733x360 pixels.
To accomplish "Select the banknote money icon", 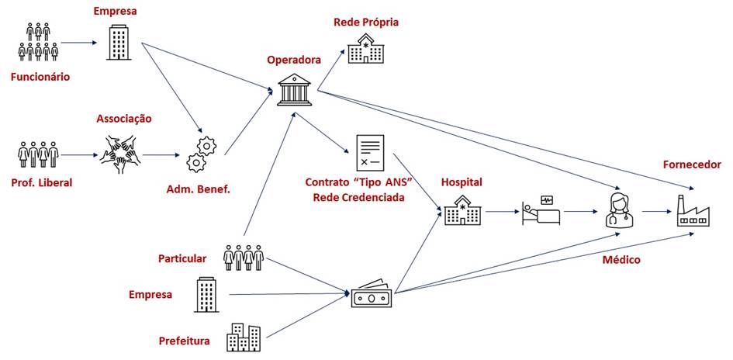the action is (x=372, y=294).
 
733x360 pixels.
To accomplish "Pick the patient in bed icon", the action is (x=541, y=212).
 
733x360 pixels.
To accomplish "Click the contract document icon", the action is (x=370, y=152).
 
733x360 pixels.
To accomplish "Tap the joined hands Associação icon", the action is (x=120, y=154).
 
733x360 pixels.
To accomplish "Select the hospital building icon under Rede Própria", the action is (x=366, y=48).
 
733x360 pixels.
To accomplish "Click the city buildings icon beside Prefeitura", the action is (x=243, y=337).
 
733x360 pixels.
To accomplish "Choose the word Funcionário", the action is (x=40, y=77).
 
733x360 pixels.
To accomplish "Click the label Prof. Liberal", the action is (x=42, y=182).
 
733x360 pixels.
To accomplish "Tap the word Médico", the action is (x=621, y=259).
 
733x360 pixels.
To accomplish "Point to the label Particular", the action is (x=182, y=258).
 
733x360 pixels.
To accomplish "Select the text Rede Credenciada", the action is (x=359, y=197).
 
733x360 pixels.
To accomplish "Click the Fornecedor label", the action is (x=692, y=164).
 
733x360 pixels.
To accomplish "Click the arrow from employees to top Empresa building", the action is (x=78, y=43).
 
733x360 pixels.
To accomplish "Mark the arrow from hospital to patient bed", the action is (x=503, y=211).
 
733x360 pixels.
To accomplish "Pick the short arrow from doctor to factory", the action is (x=659, y=211).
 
